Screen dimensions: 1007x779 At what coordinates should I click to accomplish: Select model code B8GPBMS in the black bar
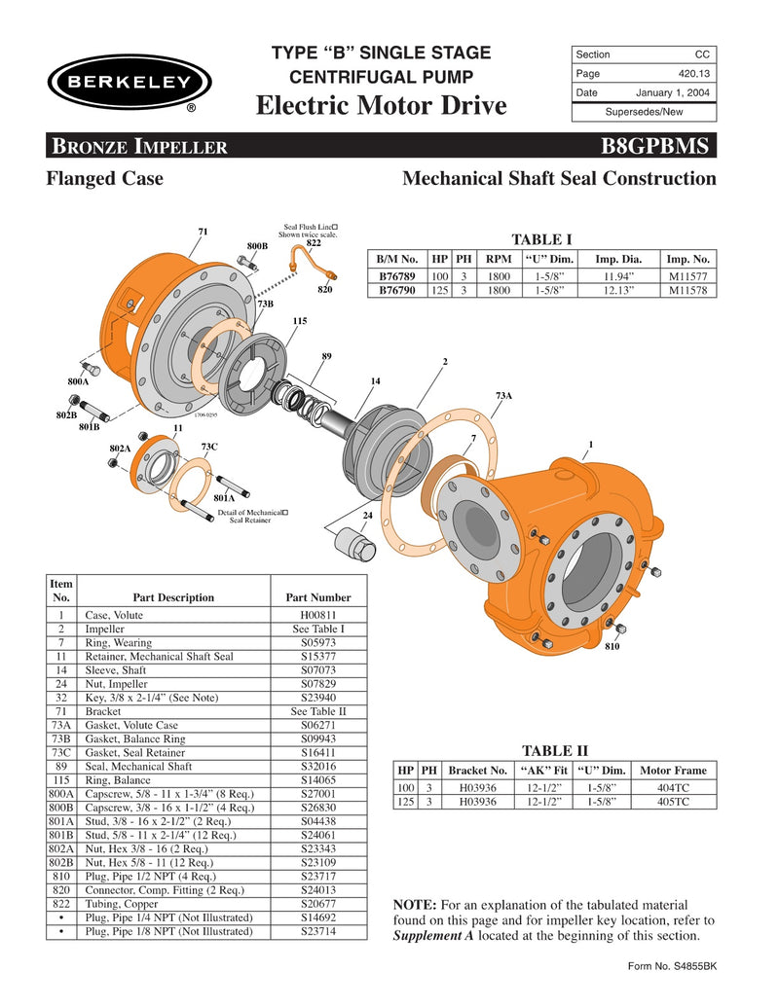click(x=659, y=147)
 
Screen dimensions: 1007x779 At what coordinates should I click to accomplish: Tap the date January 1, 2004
click(x=673, y=93)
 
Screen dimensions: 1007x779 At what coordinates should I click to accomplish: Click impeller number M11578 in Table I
click(x=688, y=290)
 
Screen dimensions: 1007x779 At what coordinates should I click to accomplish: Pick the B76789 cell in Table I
click(x=397, y=276)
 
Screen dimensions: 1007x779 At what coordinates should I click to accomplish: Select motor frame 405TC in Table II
click(x=672, y=802)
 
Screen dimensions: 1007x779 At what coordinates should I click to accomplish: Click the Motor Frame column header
click(x=672, y=770)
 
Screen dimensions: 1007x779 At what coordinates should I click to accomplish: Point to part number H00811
click(x=317, y=616)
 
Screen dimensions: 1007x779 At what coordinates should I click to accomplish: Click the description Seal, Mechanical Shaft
click(x=139, y=767)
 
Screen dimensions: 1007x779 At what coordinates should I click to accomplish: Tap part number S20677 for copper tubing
click(x=317, y=903)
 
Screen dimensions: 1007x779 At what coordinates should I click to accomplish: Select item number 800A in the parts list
click(x=61, y=794)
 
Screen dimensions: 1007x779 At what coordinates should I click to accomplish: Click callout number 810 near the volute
click(x=612, y=647)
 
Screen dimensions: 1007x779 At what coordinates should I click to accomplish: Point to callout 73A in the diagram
click(x=503, y=396)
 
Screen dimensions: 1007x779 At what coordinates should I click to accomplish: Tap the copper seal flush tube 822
click(x=309, y=258)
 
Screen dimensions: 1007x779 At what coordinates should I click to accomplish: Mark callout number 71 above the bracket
click(x=203, y=231)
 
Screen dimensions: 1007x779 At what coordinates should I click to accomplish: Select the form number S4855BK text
click(x=673, y=966)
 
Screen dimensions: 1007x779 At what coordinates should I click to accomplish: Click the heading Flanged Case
click(x=105, y=179)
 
